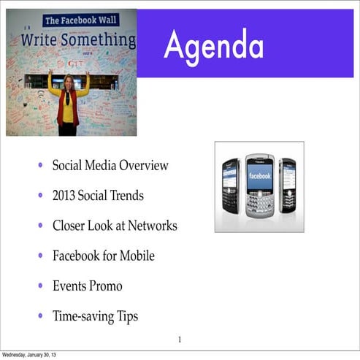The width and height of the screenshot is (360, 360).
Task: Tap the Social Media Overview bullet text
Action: pyautogui.click(x=110, y=166)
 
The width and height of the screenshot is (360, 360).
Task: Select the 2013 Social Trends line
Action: pyautogui.click(x=98, y=196)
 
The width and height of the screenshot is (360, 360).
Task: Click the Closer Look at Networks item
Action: pyautogui.click(x=115, y=226)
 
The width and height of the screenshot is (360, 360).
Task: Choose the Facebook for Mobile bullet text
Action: pyautogui.click(x=103, y=256)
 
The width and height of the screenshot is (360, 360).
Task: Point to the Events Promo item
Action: pyautogui.click(x=87, y=286)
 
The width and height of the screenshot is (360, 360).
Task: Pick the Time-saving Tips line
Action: pyautogui.click(x=95, y=316)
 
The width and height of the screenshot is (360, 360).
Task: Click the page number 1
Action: pyautogui.click(x=180, y=339)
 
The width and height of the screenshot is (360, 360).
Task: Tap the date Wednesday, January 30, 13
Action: pyautogui.click(x=30, y=355)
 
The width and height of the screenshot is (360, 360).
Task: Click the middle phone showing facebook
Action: pyautogui.click(x=259, y=187)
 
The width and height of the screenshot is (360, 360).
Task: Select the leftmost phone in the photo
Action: pyautogui.click(x=231, y=186)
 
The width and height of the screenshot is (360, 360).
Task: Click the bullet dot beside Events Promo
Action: pyautogui.click(x=40, y=286)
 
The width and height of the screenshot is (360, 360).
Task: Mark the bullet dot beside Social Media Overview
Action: pyautogui.click(x=40, y=166)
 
